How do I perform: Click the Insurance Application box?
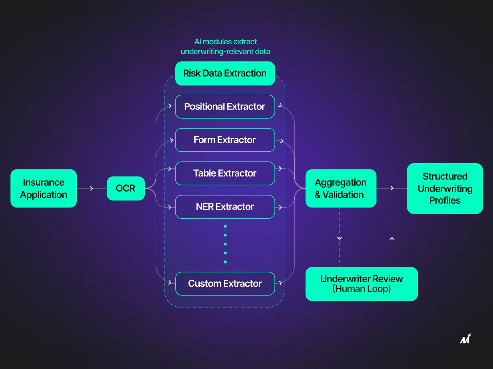(43, 188)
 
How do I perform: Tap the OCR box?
(125, 188)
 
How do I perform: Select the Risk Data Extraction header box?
(225, 73)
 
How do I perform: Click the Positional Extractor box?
(225, 106)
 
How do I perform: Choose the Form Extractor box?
(225, 140)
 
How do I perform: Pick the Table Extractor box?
(225, 173)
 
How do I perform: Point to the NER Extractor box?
(225, 207)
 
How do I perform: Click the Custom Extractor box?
(225, 283)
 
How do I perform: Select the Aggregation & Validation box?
(340, 188)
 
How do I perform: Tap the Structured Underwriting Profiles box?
(445, 188)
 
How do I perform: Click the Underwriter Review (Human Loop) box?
(361, 284)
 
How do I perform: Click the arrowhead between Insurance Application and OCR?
(92, 188)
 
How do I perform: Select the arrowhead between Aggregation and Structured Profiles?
(392, 188)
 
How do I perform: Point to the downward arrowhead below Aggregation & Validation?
(340, 238)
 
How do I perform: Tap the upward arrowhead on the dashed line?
(392, 238)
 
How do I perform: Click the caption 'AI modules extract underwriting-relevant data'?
(225, 46)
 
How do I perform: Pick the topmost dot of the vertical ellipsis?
(225, 226)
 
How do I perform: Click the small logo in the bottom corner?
(465, 339)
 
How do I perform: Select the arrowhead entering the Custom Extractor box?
(170, 282)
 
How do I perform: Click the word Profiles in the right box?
(445, 200)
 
